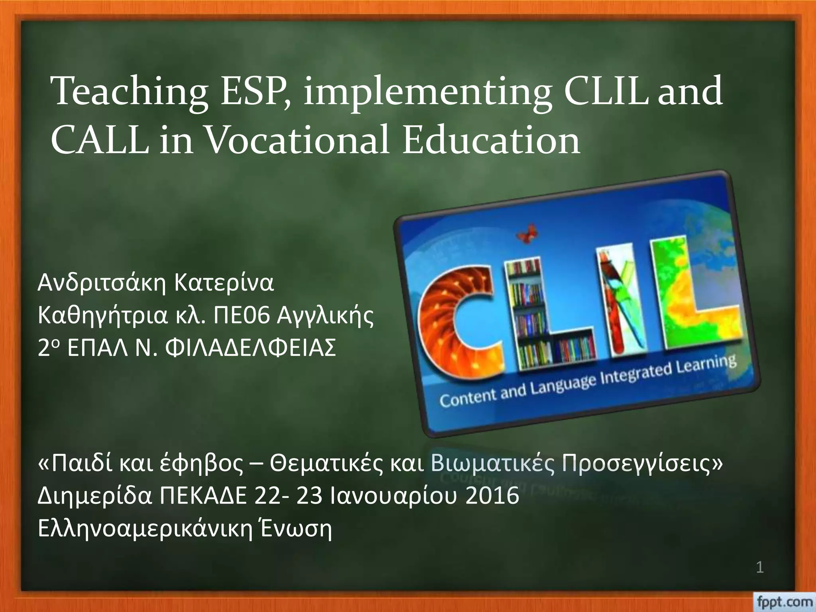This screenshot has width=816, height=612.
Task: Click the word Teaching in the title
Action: [x=130, y=93]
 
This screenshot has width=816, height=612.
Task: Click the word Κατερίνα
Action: [x=224, y=283]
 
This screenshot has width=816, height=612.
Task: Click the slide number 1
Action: [x=759, y=579]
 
